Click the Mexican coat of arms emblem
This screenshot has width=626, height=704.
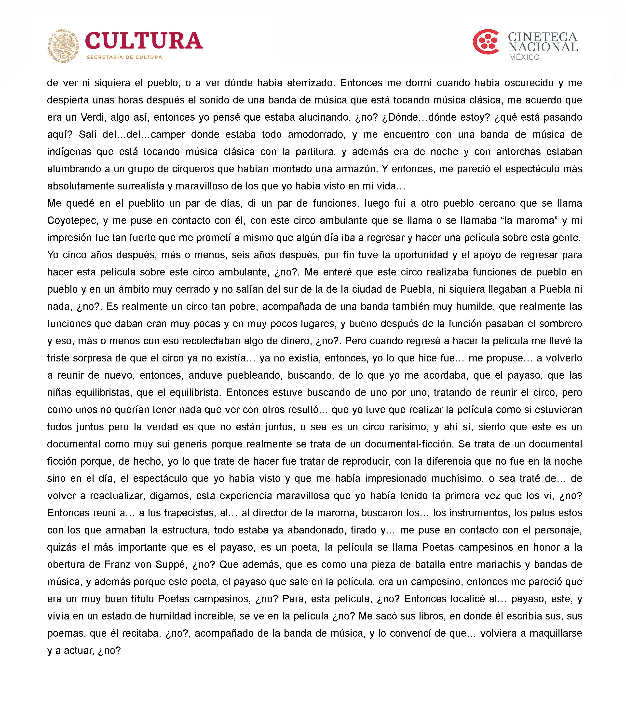point(63,46)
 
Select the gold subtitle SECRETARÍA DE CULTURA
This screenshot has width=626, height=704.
point(124,57)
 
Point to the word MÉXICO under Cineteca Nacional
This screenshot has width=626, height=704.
point(524,57)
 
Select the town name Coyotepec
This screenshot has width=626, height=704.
point(72,220)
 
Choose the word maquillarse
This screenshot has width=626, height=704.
point(556,633)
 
